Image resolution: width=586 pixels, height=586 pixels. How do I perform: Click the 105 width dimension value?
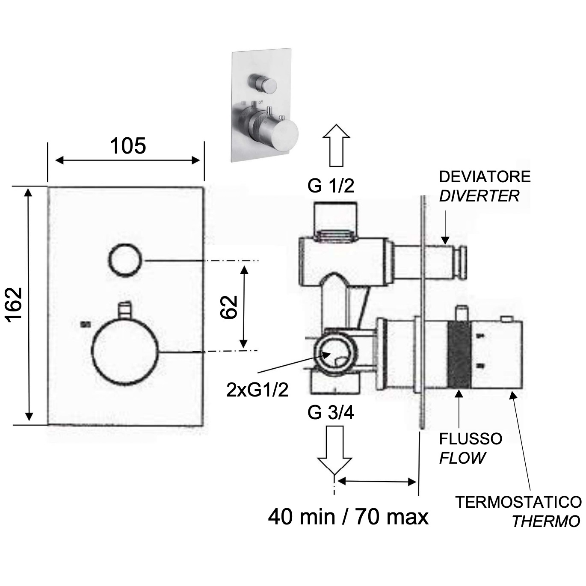point(128,146)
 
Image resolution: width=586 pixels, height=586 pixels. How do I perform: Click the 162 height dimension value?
point(14,305)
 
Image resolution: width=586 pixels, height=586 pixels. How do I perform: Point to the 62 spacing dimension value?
point(229,307)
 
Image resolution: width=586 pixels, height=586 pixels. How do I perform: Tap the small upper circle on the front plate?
point(125,260)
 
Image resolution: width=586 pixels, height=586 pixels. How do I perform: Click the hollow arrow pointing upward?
point(336,145)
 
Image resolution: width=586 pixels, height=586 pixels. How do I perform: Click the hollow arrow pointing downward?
point(334,450)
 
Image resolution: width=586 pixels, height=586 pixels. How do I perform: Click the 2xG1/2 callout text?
point(257,390)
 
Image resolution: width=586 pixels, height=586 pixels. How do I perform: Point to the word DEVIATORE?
point(485,177)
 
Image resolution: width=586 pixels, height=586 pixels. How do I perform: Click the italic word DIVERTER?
point(479,196)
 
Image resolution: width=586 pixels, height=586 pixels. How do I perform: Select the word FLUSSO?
point(471,439)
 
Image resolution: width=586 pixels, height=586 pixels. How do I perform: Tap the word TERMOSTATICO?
point(518,502)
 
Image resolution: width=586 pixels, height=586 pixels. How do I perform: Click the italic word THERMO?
point(546,521)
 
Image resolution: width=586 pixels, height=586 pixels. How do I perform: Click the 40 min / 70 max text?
point(348,517)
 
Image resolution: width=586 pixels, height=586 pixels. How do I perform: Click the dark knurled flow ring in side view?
point(459,355)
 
